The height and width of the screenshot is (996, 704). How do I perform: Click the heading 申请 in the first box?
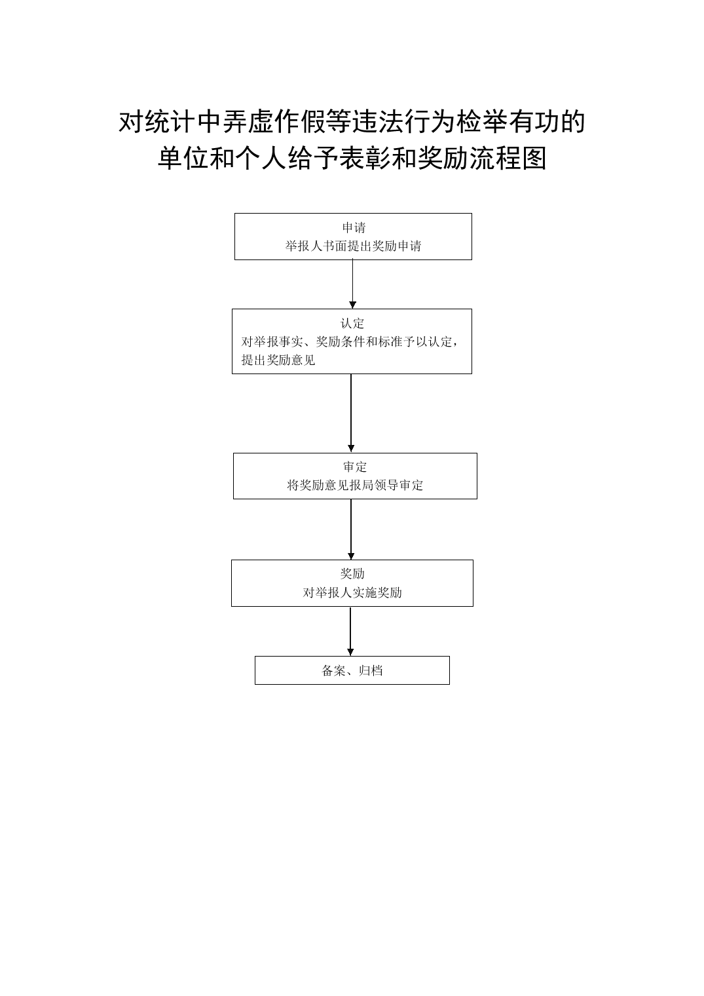coord(354,227)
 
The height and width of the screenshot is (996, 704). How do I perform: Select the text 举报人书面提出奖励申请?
coord(354,246)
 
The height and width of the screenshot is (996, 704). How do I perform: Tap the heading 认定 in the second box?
coord(352,323)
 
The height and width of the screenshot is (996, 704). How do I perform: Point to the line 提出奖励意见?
coord(278,360)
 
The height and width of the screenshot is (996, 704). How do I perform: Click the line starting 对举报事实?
coord(350,341)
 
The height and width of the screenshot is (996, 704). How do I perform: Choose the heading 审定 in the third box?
coord(355,467)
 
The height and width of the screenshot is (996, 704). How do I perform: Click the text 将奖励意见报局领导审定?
coord(355,485)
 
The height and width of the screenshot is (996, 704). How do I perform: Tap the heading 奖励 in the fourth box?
coord(352,573)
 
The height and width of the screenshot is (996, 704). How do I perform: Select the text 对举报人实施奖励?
coord(352,592)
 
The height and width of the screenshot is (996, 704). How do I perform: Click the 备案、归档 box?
coord(352,670)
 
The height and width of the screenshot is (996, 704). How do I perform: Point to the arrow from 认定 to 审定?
coord(351,413)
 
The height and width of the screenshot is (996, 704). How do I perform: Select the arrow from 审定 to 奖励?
coord(351,529)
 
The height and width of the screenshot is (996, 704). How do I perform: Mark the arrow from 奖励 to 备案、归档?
coord(350,632)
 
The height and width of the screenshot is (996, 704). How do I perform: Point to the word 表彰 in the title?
coord(365,159)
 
